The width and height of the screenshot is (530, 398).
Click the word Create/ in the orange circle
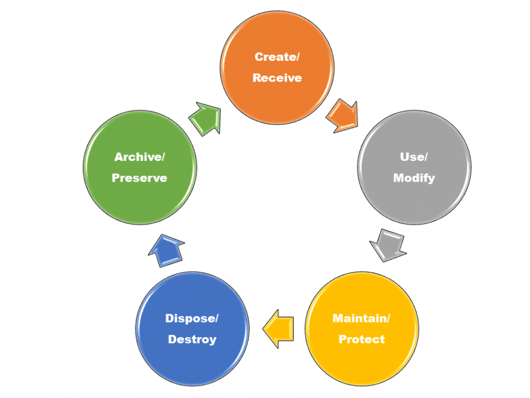pyautogui.click(x=277, y=57)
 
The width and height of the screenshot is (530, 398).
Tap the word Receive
pyautogui.click(x=277, y=78)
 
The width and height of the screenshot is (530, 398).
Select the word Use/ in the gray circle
pyautogui.click(x=413, y=157)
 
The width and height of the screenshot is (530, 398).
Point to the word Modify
pyautogui.click(x=413, y=178)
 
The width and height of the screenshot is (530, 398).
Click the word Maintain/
pyautogui.click(x=361, y=318)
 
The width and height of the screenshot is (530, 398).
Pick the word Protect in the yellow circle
pyautogui.click(x=361, y=340)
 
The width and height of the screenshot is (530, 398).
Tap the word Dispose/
pyautogui.click(x=192, y=318)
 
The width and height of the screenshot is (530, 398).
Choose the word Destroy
pyautogui.click(x=192, y=340)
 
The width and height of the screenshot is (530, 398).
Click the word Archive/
pyautogui.click(x=139, y=157)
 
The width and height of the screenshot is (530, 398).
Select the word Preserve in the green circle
pyautogui.click(x=139, y=178)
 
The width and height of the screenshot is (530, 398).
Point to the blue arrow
pyautogui.click(x=165, y=251)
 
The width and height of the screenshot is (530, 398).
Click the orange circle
pyautogui.click(x=277, y=88)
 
